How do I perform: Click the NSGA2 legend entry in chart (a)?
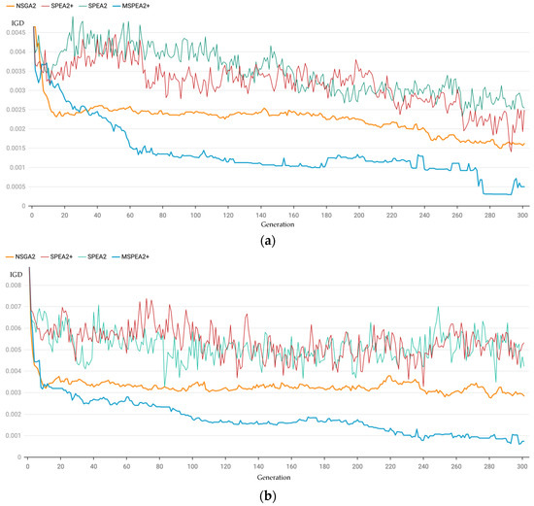[21, 7]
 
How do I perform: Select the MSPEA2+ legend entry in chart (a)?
[173, 7]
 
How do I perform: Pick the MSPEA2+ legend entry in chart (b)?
[173, 255]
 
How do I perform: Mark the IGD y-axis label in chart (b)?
[15, 275]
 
